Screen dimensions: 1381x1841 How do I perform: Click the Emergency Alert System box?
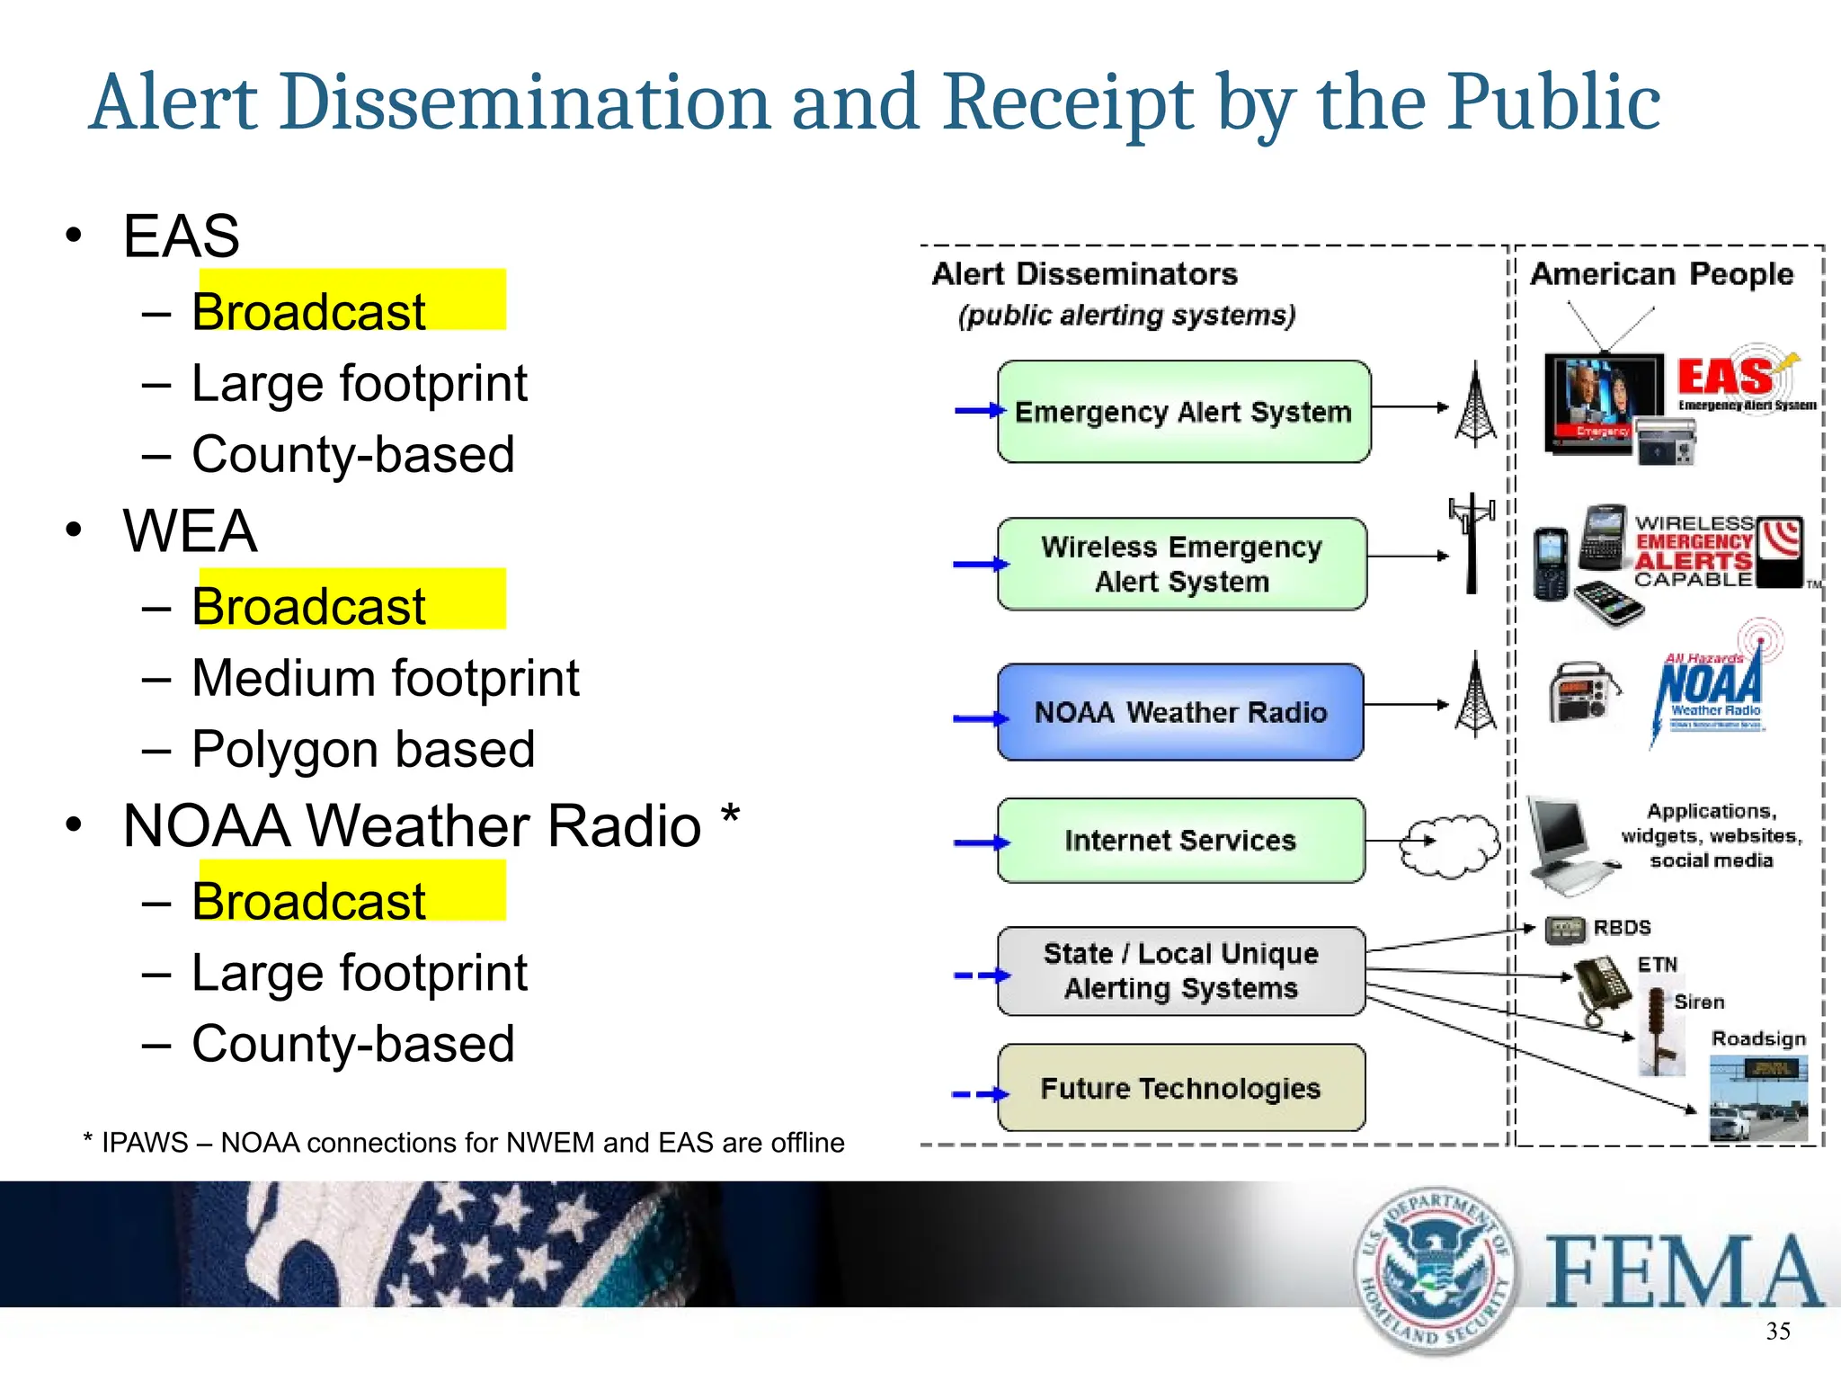coord(1183,412)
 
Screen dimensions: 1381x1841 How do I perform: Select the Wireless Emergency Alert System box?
coord(1181,564)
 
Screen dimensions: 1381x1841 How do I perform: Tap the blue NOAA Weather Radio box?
coord(1180,712)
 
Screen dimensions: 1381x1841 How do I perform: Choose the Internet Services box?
coord(1180,841)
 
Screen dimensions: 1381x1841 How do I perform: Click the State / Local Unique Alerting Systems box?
coord(1180,971)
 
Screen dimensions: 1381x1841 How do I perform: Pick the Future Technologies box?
coord(1180,1088)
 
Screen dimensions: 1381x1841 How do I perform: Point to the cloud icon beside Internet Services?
coord(1449,845)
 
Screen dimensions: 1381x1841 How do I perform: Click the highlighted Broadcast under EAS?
coord(308,311)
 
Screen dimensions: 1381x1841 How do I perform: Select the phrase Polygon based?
coord(363,749)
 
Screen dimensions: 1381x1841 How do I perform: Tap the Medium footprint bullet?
coord(385,678)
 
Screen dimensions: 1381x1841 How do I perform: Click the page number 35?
coord(1777,1332)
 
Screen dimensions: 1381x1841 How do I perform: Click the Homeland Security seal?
coord(1435,1270)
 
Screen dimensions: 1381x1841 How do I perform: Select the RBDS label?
coord(1622,927)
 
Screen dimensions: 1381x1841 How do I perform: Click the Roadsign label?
coord(1758,1038)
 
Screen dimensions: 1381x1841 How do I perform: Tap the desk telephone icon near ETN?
coord(1602,989)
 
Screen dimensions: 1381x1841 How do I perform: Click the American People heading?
coord(1661,273)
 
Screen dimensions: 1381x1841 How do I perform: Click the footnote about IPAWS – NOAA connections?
coord(464,1143)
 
